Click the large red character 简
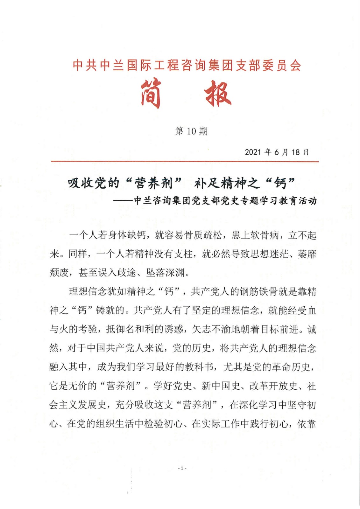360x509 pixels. coord(150,94)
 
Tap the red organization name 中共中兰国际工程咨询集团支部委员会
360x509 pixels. coord(187,65)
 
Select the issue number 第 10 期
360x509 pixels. coord(191,131)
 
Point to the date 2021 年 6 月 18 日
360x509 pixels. coord(277,152)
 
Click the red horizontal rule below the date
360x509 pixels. coord(185,162)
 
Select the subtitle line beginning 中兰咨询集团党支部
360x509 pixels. coord(225,201)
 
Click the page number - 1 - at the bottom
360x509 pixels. coord(182,468)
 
